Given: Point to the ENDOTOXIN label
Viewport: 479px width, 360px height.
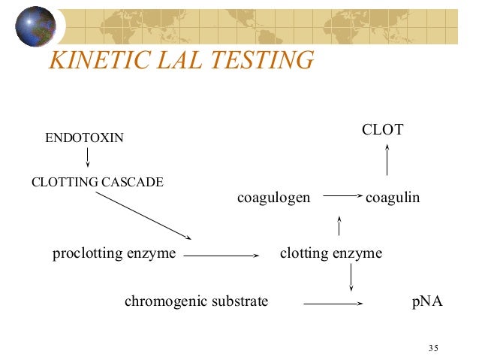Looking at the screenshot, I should (85, 138).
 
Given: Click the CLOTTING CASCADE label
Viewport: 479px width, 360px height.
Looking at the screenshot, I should (97, 182).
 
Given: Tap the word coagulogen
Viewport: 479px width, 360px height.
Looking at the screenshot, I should (273, 198).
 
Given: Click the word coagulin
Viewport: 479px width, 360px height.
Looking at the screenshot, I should (392, 198).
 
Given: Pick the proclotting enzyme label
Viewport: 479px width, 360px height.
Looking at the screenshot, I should (114, 253).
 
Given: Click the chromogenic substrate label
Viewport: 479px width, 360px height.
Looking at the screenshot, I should (196, 302).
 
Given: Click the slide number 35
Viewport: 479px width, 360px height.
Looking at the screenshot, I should (433, 347).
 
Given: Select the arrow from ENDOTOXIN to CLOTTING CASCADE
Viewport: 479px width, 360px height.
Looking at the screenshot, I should (88, 157).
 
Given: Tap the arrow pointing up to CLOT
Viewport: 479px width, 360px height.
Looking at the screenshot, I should (387, 160).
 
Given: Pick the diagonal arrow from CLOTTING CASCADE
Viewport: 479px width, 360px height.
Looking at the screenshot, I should (143, 215).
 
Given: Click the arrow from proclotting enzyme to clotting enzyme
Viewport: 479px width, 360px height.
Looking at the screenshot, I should (220, 256).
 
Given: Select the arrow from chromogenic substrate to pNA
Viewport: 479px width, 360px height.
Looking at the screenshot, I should (333, 304).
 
